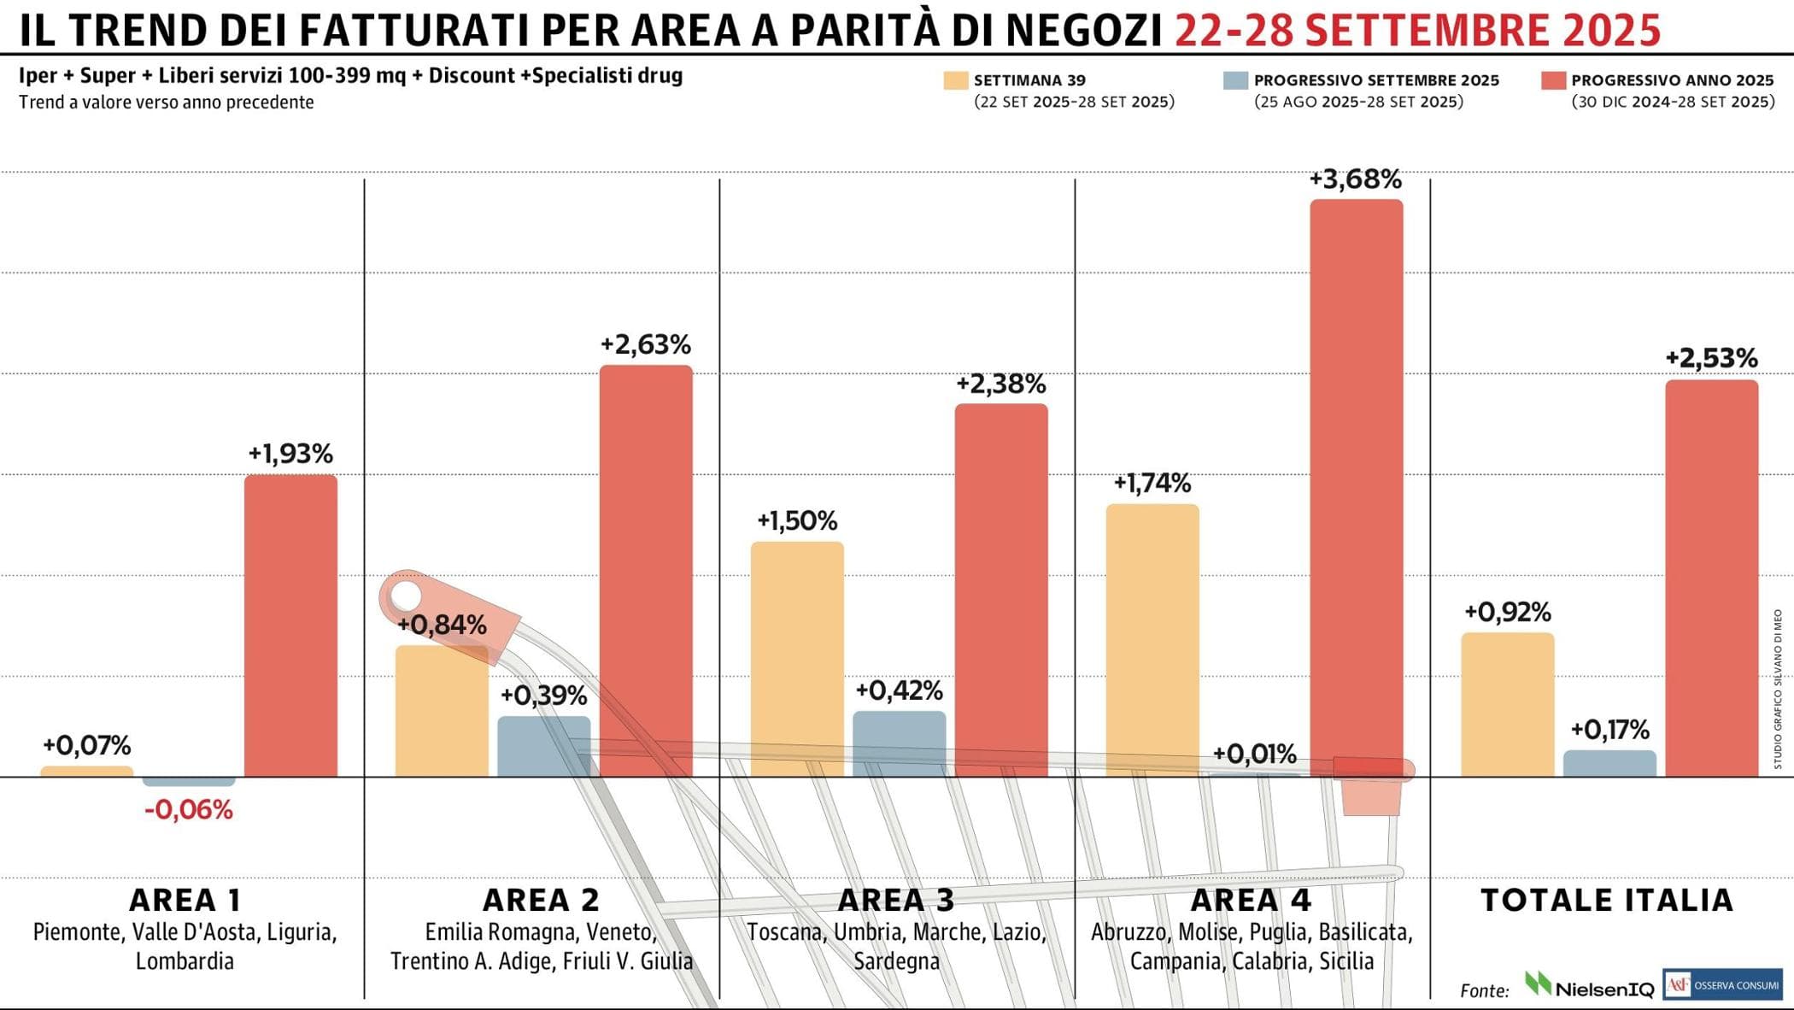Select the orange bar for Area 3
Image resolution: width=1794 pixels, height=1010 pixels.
click(797, 659)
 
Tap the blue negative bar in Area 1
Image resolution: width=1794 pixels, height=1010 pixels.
click(189, 781)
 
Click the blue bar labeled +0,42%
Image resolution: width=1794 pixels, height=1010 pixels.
click(899, 743)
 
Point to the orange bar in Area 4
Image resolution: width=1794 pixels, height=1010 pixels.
click(1152, 640)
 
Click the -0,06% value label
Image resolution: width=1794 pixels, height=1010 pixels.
click(189, 809)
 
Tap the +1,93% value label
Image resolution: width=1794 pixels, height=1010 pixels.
click(290, 454)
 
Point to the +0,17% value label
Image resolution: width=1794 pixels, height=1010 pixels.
click(1609, 730)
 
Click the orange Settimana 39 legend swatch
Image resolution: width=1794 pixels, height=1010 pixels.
click(956, 80)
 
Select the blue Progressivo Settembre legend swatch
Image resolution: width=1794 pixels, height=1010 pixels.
click(1235, 80)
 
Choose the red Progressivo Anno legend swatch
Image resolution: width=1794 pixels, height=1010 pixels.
click(1553, 80)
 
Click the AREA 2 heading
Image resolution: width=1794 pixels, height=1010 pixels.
click(541, 900)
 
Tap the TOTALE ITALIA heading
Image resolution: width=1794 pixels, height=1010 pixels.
click(1606, 900)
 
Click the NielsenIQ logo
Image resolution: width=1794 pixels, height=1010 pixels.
click(1589, 986)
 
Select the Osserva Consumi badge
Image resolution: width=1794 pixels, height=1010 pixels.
click(1722, 984)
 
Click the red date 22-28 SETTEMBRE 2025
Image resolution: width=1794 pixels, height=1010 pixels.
click(1417, 31)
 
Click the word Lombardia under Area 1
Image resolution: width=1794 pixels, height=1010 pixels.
click(185, 961)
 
